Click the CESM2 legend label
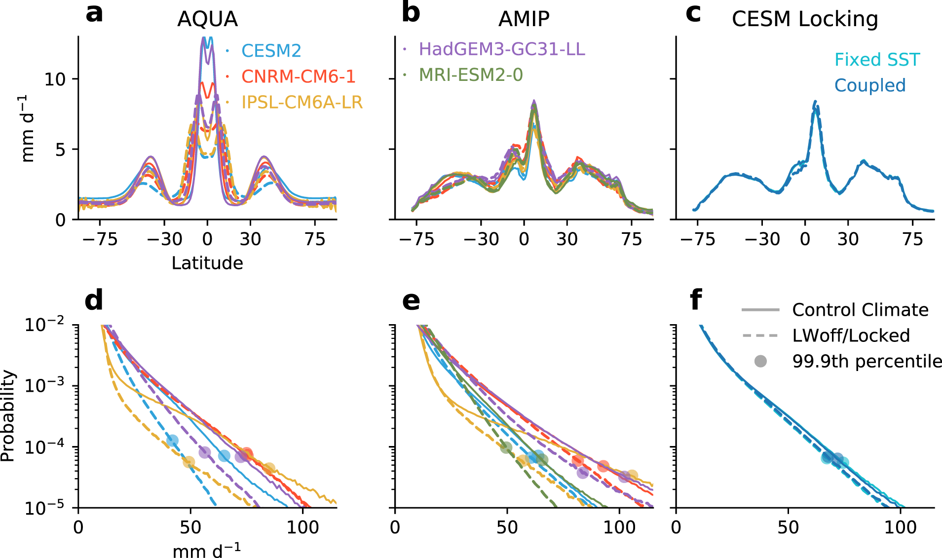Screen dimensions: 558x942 [x=271, y=51]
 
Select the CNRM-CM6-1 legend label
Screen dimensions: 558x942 [x=298, y=76]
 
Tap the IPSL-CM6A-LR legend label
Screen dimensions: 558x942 [x=301, y=102]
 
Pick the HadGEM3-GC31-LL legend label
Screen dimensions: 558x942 [x=501, y=49]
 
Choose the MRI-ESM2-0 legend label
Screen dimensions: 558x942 [x=470, y=75]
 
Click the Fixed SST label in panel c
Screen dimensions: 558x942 [x=877, y=60]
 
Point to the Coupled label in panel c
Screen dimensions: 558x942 [x=869, y=85]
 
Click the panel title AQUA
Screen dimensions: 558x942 [x=207, y=19]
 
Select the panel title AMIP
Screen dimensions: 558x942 [x=524, y=19]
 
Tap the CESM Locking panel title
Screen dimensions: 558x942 [x=805, y=19]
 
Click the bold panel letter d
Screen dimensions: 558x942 [x=94, y=300]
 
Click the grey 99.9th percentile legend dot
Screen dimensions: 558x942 [x=760, y=362]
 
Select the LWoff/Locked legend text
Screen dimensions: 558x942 [x=851, y=336]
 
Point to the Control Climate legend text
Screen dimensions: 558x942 [x=860, y=310]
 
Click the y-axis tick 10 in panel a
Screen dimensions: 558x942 [x=54, y=79]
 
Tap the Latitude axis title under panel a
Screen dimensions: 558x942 [x=207, y=263]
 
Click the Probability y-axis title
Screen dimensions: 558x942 [x=8, y=416]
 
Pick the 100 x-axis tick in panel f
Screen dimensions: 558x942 [x=900, y=527]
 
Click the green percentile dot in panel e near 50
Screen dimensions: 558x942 [x=506, y=447]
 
